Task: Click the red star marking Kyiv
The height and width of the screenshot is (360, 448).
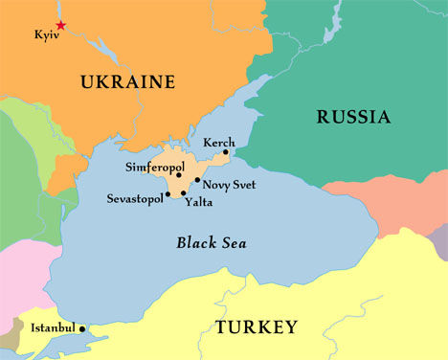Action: click(x=61, y=25)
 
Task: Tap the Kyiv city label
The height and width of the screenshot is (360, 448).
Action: click(x=46, y=35)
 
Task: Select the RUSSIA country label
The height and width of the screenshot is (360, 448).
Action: click(x=353, y=118)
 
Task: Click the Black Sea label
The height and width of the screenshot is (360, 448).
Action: click(x=212, y=243)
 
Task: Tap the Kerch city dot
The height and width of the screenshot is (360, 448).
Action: click(x=226, y=151)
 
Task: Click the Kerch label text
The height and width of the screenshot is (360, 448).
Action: click(x=218, y=142)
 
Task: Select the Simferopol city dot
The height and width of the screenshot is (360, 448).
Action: click(x=179, y=175)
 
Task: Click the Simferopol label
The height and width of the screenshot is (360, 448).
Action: click(x=155, y=168)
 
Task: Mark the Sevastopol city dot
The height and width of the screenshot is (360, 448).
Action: click(x=168, y=194)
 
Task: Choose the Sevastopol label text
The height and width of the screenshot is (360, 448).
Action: click(x=134, y=199)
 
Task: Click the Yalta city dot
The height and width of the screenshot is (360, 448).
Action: click(x=184, y=193)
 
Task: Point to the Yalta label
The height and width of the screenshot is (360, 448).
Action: click(x=198, y=202)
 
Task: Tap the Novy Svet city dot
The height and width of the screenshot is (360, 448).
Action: click(x=197, y=180)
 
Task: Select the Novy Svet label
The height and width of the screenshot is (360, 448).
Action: click(x=230, y=184)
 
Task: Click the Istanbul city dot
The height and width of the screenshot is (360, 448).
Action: click(x=82, y=328)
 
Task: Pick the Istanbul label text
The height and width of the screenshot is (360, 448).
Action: click(x=53, y=328)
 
